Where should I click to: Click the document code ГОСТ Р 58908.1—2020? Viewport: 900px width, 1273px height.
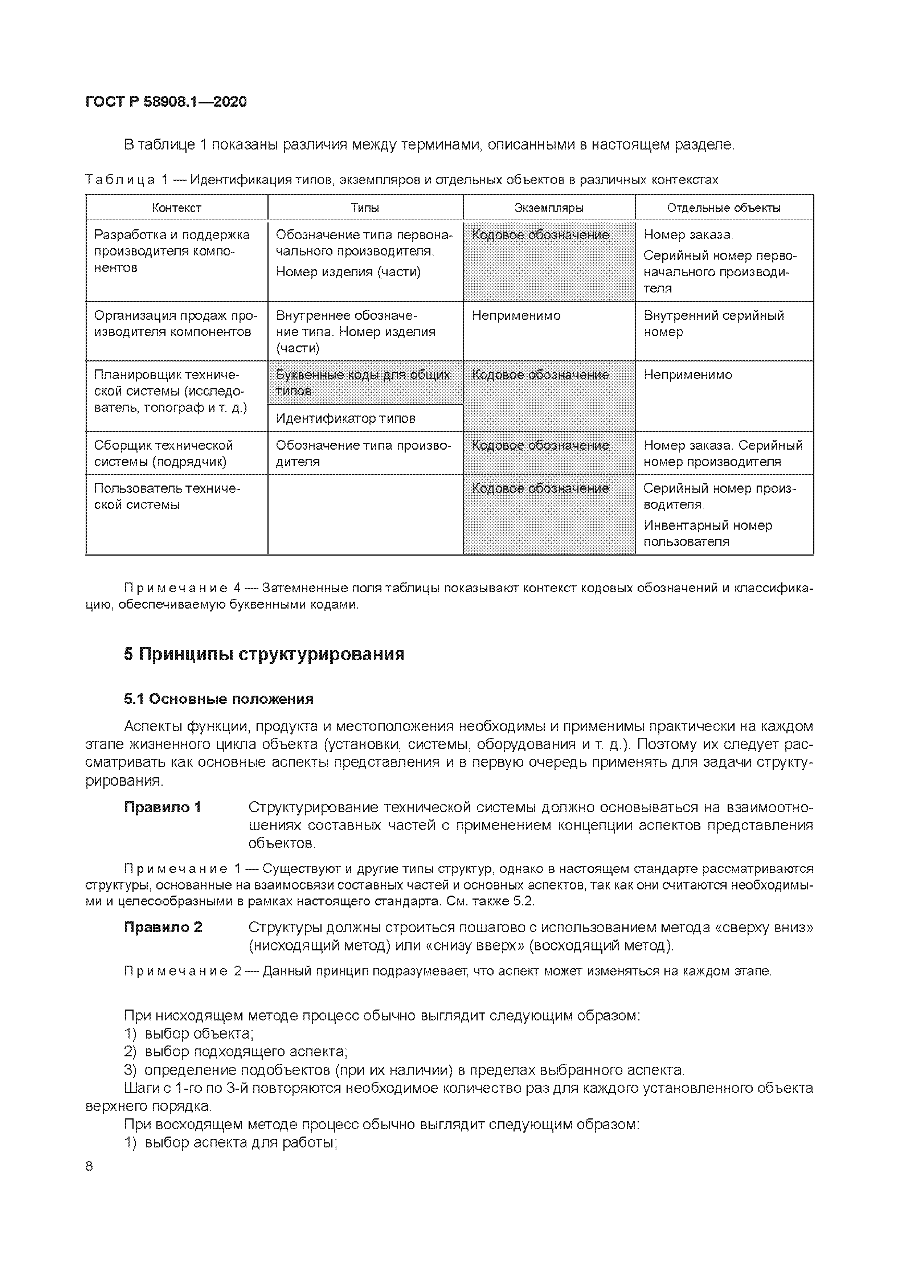click(x=166, y=102)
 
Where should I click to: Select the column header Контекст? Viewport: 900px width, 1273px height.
click(x=176, y=208)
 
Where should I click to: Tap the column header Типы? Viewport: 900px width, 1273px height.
click(x=365, y=208)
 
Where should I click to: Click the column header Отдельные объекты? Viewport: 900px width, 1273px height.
click(x=724, y=208)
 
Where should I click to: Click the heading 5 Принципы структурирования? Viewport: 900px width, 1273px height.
click(x=264, y=654)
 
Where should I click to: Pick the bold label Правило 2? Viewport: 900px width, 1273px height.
click(x=163, y=927)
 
